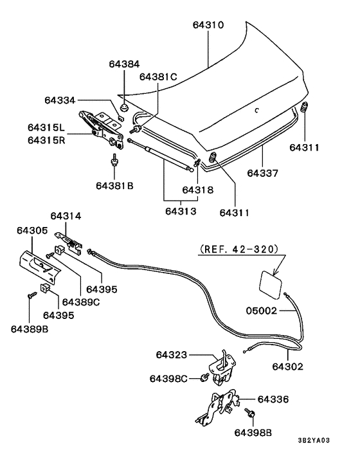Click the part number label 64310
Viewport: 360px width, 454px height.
208,26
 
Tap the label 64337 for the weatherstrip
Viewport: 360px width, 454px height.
263,174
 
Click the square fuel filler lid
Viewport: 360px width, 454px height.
270,282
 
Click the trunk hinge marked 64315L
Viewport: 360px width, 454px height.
99,125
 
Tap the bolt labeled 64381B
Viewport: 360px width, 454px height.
114,160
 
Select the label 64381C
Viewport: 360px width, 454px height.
158,77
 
